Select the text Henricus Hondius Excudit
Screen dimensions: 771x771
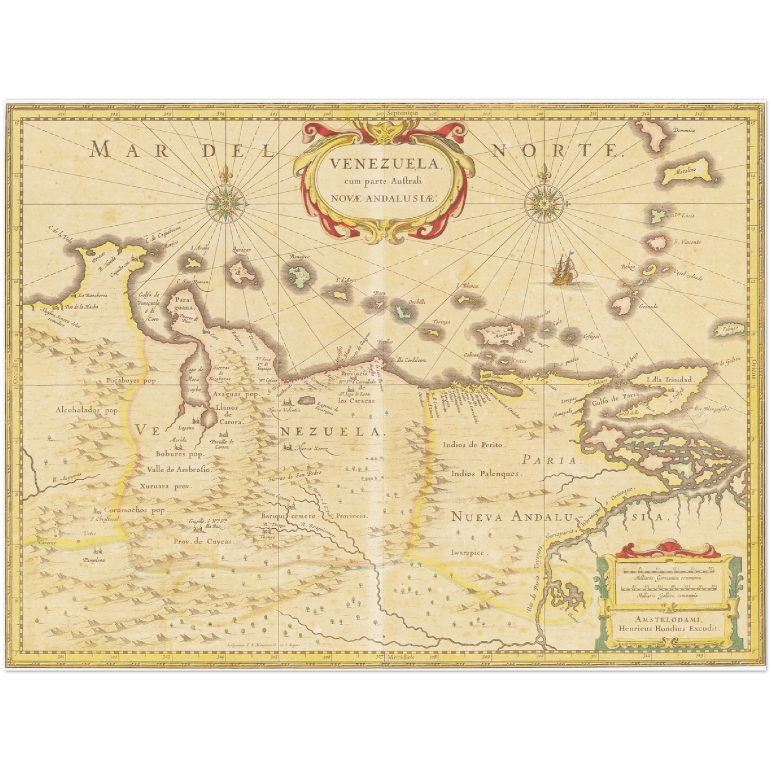[670, 629]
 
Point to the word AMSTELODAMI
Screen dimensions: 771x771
[670, 619]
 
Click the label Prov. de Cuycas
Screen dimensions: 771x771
[204, 541]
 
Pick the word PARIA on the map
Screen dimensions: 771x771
[549, 460]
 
